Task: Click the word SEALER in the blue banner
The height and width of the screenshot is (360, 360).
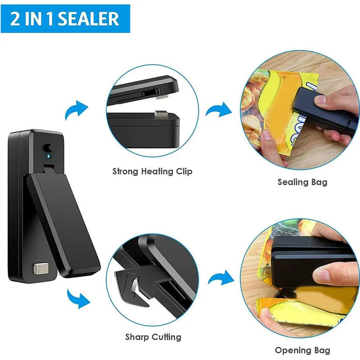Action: [x=89, y=19]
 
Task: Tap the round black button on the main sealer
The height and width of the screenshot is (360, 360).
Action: [x=49, y=148]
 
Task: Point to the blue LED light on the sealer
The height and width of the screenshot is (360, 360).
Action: [x=48, y=156]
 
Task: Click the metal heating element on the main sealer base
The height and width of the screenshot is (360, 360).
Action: [x=41, y=269]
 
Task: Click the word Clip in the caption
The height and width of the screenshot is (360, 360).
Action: [x=184, y=172]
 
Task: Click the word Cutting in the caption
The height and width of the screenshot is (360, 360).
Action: [x=167, y=337]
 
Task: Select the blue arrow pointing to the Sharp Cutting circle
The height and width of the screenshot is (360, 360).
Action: [x=78, y=299]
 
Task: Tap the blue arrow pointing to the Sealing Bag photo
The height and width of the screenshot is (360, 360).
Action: [x=219, y=110]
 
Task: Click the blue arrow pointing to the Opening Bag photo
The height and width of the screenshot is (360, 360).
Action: [x=221, y=278]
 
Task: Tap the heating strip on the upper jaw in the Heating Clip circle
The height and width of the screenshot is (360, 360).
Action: [x=162, y=97]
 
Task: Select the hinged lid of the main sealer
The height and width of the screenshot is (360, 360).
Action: [x=63, y=225]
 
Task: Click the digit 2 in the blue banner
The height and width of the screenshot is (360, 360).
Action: [x=15, y=19]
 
